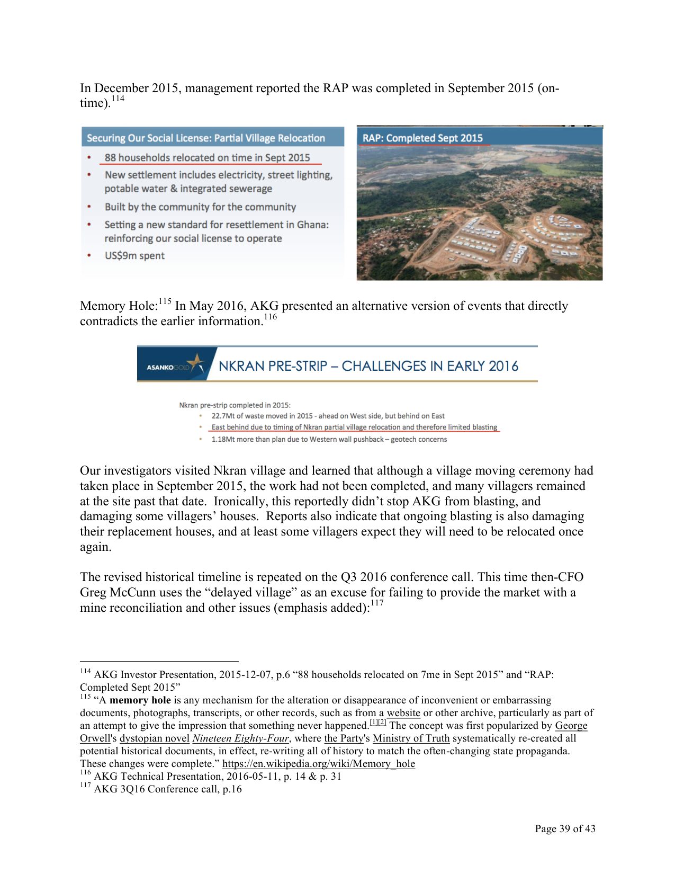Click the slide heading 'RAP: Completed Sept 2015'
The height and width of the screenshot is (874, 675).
[422, 138]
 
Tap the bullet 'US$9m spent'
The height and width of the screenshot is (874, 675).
[134, 256]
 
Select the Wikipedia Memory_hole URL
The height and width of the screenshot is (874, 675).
[318, 764]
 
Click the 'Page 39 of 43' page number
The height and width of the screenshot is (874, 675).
[564, 829]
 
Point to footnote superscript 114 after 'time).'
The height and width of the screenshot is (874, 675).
[118, 99]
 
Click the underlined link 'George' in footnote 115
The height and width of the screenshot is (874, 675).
[571, 726]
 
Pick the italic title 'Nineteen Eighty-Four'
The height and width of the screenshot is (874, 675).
[240, 738]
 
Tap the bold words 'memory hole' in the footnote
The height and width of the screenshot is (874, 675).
[140, 700]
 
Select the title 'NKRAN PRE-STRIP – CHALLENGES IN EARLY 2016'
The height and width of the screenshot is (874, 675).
[368, 366]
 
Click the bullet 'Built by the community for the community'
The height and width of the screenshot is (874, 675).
[200, 207]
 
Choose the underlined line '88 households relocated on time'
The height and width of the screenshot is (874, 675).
[207, 158]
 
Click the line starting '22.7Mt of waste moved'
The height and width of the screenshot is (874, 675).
[328, 416]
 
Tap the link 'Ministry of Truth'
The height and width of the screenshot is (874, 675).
[411, 738]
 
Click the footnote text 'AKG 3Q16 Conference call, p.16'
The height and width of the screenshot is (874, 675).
[167, 789]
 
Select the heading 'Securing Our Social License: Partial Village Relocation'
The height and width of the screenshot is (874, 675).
[205, 138]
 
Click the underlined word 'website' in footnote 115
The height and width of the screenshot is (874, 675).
[403, 713]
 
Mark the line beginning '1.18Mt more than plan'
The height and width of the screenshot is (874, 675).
[329, 440]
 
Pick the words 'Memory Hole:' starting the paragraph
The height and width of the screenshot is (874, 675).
[119, 306]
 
